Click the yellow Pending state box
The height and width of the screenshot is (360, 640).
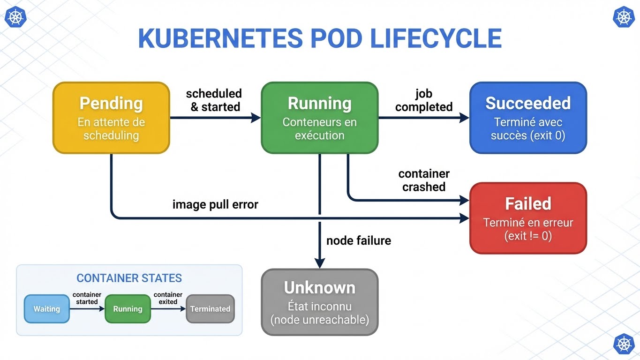pyautogui.click(x=111, y=118)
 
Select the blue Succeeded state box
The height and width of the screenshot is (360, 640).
pyautogui.click(x=528, y=118)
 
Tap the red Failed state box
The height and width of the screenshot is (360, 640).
pyautogui.click(x=528, y=218)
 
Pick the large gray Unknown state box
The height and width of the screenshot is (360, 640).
pyautogui.click(x=319, y=302)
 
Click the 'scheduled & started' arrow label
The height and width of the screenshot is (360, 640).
pyautogui.click(x=214, y=100)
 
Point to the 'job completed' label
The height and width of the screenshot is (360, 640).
pyautogui.click(x=424, y=100)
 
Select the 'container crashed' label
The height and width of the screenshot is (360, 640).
pyautogui.click(x=424, y=180)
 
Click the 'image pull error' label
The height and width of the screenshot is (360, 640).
pyautogui.click(x=215, y=204)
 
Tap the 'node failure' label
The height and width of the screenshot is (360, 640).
pyautogui.click(x=358, y=240)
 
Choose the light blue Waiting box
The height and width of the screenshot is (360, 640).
pyautogui.click(x=47, y=309)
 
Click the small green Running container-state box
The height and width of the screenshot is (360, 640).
pyautogui.click(x=128, y=309)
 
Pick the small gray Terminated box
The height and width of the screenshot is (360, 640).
pyautogui.click(x=210, y=309)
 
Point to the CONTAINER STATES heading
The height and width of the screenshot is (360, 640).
pyautogui.click(x=129, y=278)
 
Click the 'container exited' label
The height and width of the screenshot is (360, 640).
pyautogui.click(x=168, y=298)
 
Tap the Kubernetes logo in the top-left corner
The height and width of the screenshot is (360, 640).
pyautogui.click(x=15, y=17)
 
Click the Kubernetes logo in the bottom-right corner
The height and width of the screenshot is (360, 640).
pyautogui.click(x=624, y=344)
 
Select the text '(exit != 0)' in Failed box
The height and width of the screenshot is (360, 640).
pyautogui.click(x=528, y=236)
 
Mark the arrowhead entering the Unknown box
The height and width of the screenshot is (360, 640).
pyautogui.click(x=319, y=263)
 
